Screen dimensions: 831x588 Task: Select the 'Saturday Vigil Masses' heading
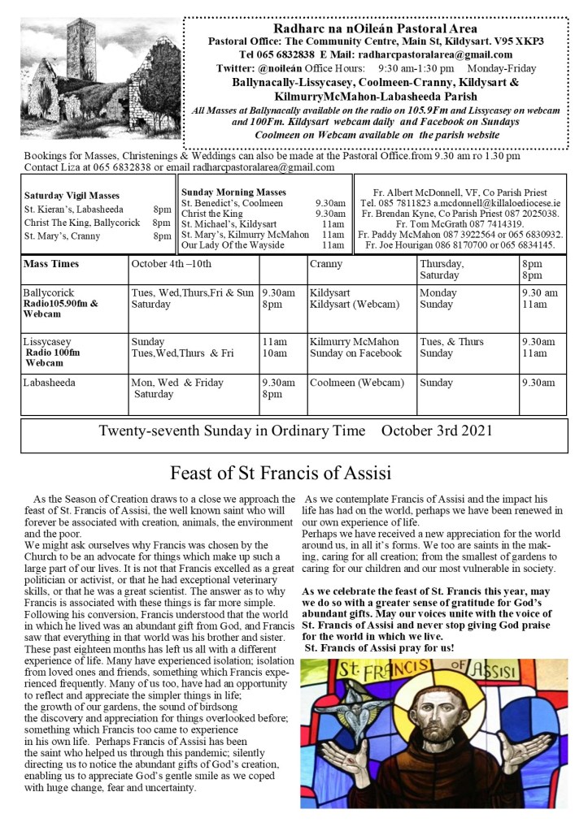pyautogui.click(x=72, y=196)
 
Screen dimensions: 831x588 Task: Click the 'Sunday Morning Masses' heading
pyautogui.click(x=233, y=191)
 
